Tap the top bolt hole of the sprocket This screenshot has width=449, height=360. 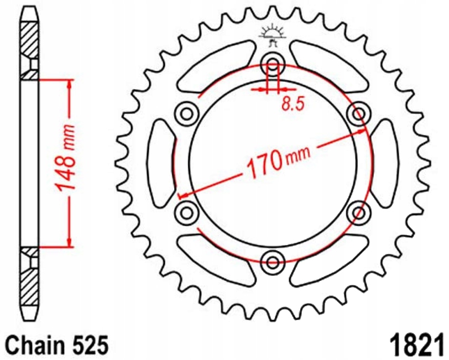point(272,62)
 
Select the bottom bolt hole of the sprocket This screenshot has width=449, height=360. point(272,261)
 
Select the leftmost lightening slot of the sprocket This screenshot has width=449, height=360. point(161,161)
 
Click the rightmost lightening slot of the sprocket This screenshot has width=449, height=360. point(383,161)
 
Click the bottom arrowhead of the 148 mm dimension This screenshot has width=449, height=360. point(69,243)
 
